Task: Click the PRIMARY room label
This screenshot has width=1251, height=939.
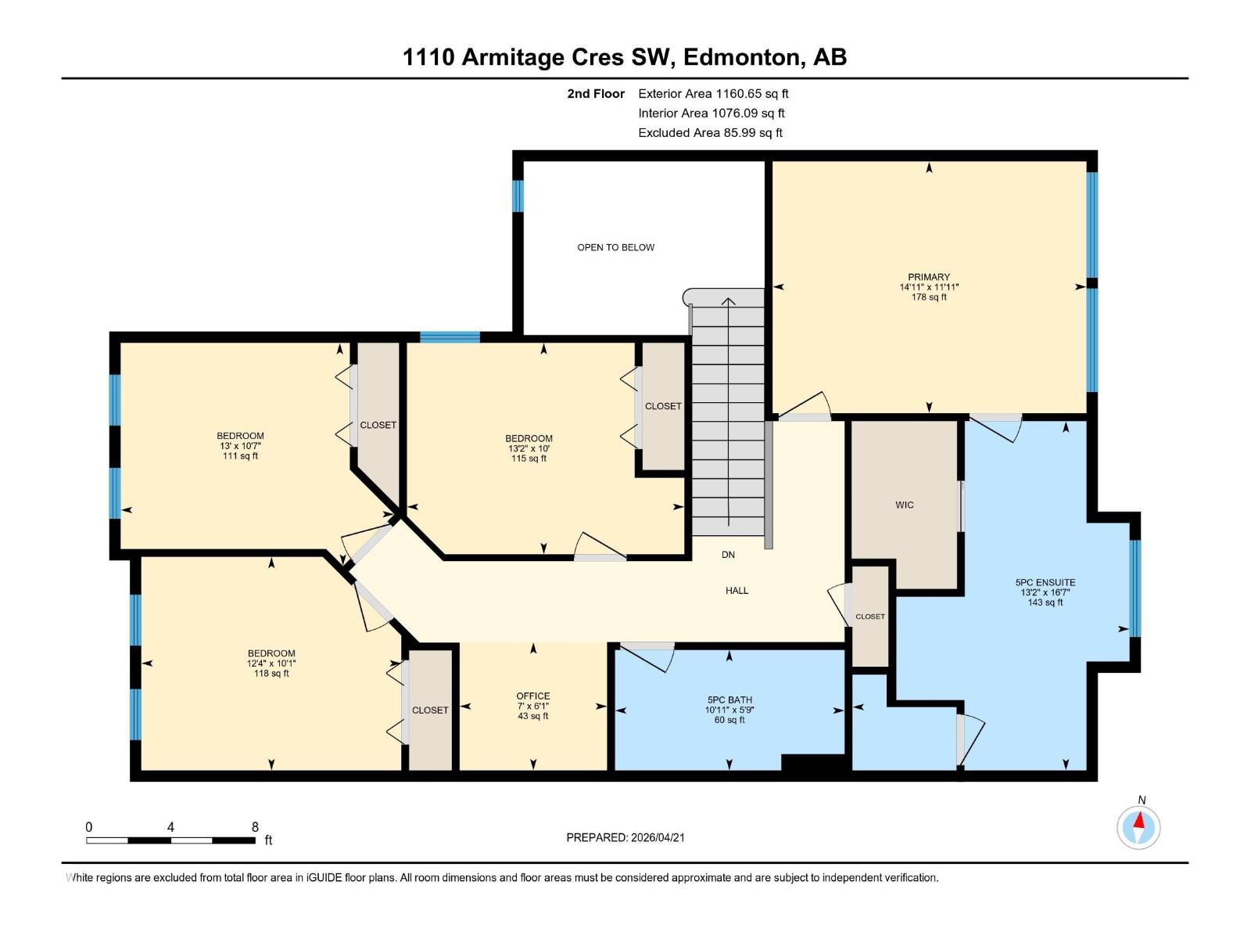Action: [929, 277]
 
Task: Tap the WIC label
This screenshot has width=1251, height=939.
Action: [905, 505]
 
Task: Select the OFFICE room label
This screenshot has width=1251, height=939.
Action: [533, 696]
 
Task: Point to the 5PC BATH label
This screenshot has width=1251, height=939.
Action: [729, 700]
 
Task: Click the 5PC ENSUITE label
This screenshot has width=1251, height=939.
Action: [1045, 583]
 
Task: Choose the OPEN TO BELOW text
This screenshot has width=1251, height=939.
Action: [616, 247]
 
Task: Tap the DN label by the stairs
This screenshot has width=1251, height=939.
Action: [728, 555]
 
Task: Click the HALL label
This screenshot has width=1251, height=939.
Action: [737, 591]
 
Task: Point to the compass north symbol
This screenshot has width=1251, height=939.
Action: [1139, 826]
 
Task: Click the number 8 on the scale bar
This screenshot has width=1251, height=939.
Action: [255, 827]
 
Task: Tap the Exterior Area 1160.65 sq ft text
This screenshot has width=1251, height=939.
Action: [713, 93]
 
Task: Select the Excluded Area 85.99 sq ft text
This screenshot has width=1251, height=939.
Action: [710, 132]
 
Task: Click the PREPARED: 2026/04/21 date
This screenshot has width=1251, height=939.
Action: [625, 837]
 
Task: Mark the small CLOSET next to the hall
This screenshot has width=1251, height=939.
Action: [870, 617]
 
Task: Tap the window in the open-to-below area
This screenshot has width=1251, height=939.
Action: [518, 196]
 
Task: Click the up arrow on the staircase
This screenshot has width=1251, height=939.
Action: [728, 301]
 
